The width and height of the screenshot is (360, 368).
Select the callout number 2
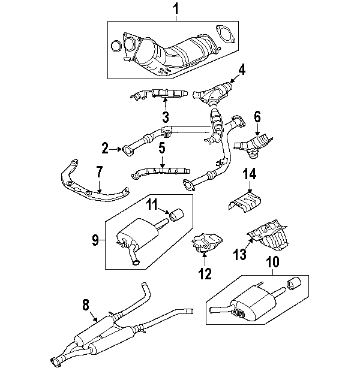105,146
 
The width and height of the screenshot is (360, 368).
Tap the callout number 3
165,117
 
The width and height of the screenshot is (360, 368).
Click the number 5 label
162,147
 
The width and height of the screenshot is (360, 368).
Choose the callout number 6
257,116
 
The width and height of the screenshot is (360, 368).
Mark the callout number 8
85,304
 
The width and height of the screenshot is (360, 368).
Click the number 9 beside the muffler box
95,240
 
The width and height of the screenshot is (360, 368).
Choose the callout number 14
250,174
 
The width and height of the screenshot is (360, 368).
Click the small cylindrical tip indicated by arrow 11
177,215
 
